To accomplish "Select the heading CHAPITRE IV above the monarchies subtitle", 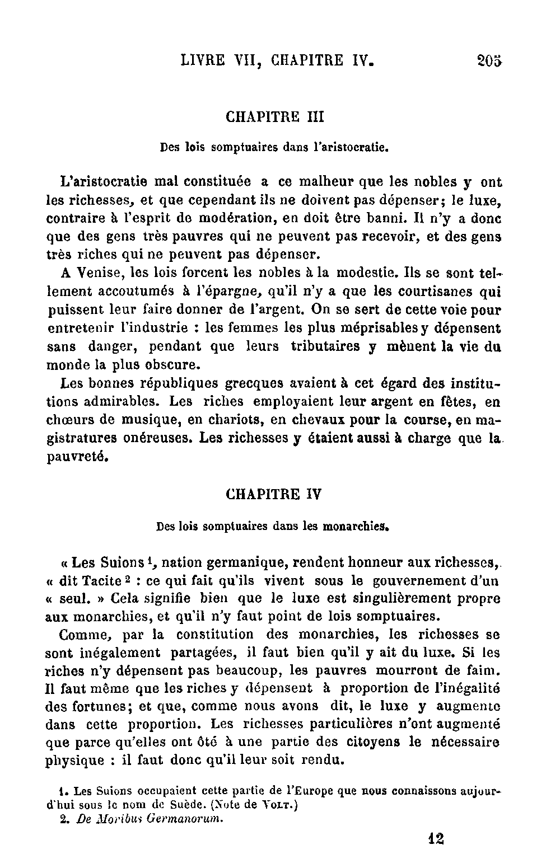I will tap(274, 494).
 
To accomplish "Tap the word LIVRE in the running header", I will tap(203, 60).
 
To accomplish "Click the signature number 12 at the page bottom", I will tap(435, 838).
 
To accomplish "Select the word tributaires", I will tap(325, 346).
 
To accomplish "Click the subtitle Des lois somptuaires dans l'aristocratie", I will tap(274, 148).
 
